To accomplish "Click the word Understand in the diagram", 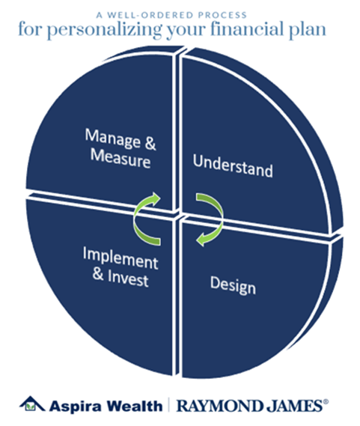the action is click(233, 165).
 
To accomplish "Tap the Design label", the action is click(233, 285).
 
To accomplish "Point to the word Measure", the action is click(120, 159).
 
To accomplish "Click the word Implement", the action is click(120, 258).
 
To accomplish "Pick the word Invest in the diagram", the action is click(128, 279).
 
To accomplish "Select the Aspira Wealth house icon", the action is click(31, 404).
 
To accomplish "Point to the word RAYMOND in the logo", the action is click(220, 406).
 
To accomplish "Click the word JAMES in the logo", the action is click(294, 406).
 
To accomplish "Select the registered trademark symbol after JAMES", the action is click(326, 402).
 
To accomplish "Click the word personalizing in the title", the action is click(104, 30).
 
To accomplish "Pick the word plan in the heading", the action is click(307, 30).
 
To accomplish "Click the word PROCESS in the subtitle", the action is click(222, 15).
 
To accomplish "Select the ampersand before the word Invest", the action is click(98, 274).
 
